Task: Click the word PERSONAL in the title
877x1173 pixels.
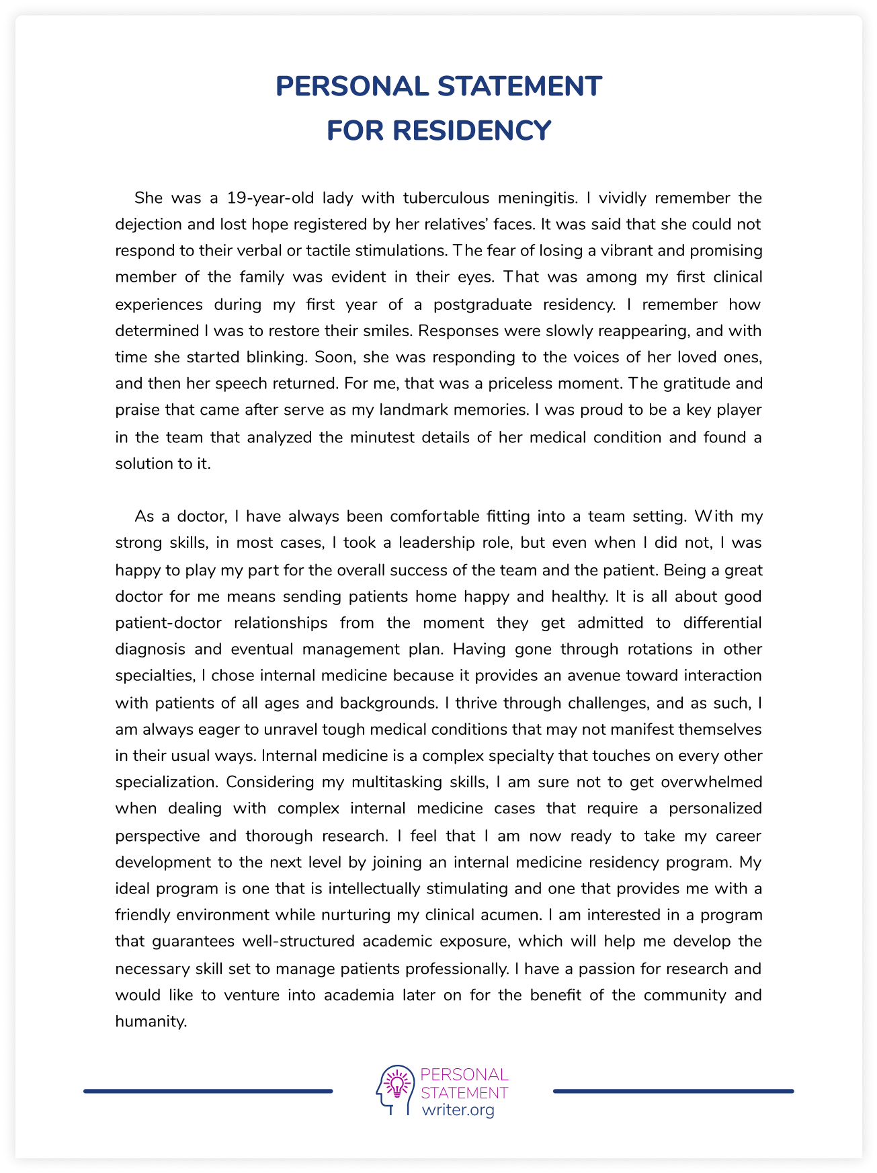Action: (x=352, y=86)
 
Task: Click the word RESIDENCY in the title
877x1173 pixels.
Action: (x=472, y=130)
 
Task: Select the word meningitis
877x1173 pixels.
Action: (x=537, y=198)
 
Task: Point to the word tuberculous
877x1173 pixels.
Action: (x=446, y=198)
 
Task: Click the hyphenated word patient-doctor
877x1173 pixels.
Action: (x=168, y=622)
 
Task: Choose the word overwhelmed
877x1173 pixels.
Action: (x=712, y=782)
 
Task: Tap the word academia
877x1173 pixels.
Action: (x=359, y=995)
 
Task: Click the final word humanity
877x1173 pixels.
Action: (x=151, y=1022)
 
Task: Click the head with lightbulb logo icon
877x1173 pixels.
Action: (x=395, y=1090)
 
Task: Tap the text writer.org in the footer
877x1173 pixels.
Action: (x=458, y=1110)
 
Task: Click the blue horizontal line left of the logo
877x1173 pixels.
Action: (x=208, y=1091)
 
